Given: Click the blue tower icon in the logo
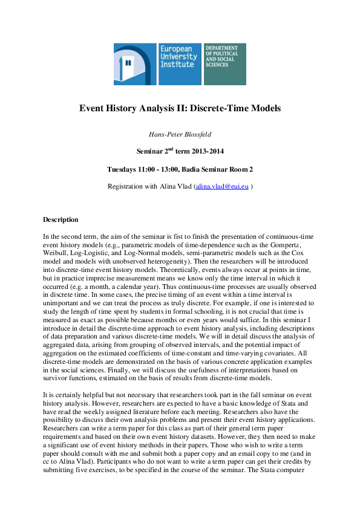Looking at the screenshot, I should (x=135, y=63).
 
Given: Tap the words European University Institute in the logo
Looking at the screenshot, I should (x=177, y=56).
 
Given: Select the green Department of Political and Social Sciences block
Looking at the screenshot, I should (x=225, y=63).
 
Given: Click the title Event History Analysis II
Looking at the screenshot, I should (x=180, y=109).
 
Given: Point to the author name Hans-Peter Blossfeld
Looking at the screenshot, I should (x=180, y=134).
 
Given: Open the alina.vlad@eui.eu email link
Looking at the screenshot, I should (x=221, y=187).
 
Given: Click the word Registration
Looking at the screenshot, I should (x=127, y=187).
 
